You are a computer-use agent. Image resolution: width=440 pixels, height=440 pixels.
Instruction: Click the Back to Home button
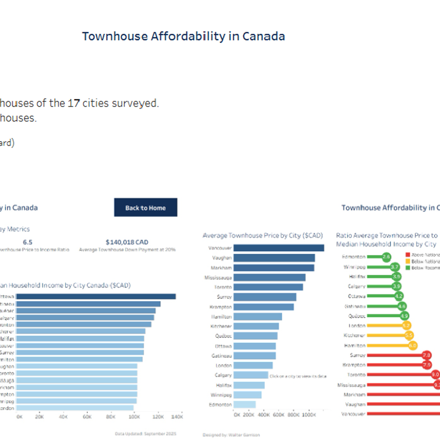(x=145, y=207)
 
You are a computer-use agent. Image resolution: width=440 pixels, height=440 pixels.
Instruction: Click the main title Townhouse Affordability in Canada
(x=183, y=36)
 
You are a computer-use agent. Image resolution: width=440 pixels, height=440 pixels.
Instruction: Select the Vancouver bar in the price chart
(x=279, y=248)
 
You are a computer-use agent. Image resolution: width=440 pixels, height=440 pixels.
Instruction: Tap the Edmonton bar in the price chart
(x=244, y=404)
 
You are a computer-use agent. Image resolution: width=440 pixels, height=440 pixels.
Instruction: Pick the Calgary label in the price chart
(x=223, y=375)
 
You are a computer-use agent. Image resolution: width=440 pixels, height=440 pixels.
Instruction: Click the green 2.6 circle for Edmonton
(x=386, y=257)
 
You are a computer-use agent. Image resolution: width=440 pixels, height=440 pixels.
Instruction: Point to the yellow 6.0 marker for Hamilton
(x=413, y=345)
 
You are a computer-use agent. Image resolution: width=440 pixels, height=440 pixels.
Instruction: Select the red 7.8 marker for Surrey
(x=426, y=355)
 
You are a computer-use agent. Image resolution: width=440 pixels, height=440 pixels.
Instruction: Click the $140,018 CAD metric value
(x=127, y=242)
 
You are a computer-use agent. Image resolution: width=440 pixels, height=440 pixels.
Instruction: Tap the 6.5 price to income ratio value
(x=28, y=242)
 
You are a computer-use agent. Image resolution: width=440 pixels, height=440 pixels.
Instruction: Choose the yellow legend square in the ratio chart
(x=407, y=261)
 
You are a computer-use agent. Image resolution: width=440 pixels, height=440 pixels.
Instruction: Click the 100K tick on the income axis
(x=134, y=417)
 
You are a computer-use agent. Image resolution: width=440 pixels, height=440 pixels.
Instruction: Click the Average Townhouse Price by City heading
(x=263, y=236)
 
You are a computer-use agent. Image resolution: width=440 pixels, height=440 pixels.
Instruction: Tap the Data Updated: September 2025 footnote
(x=145, y=433)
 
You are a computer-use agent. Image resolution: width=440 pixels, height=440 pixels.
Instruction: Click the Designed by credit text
(x=231, y=434)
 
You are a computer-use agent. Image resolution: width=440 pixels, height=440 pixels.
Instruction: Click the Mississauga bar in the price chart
(x=269, y=277)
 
